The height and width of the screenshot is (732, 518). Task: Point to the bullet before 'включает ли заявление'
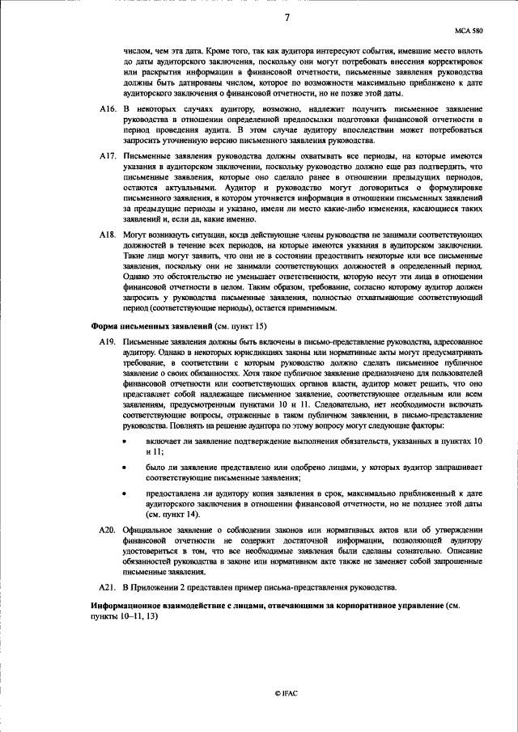[124, 442]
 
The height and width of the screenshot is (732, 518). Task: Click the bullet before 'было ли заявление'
[124, 467]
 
